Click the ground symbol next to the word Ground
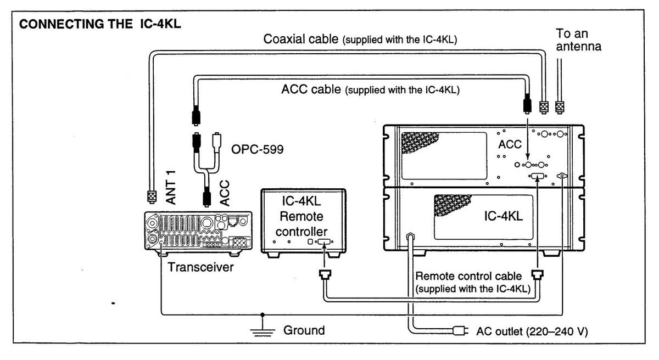point(262,330)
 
